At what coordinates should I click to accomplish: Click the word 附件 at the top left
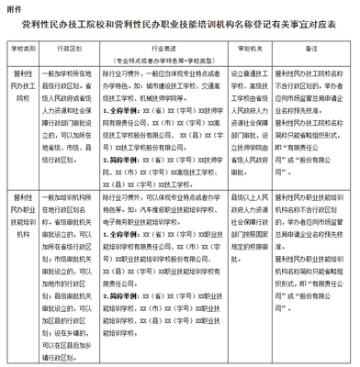(x=15, y=8)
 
